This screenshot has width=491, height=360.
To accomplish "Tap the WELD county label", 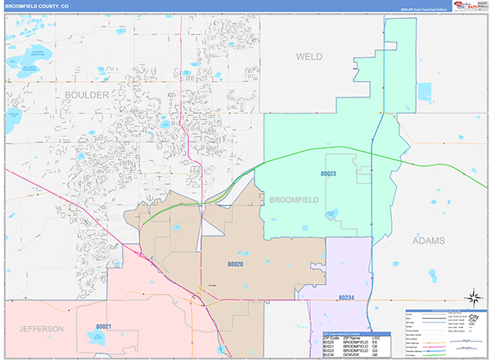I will [x=309, y=56].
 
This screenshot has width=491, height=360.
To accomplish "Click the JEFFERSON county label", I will [x=37, y=329].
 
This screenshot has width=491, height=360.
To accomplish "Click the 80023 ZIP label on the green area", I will [x=329, y=173].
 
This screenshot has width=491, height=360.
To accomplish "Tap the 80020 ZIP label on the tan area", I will [x=236, y=264].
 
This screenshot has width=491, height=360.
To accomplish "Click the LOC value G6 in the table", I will [x=376, y=355].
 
